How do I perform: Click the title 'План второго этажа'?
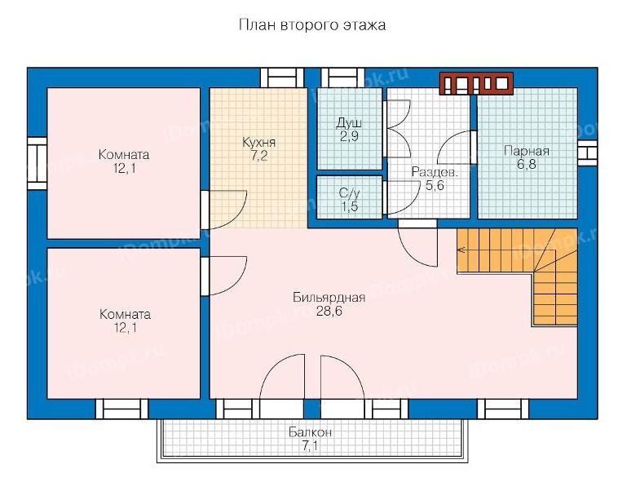pos(312,25)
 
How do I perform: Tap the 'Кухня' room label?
pos(259,143)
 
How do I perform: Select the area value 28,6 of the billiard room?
pos(329,312)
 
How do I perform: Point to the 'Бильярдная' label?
pos(329,298)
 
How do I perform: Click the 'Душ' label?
pos(349,122)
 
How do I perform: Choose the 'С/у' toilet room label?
pos(350,192)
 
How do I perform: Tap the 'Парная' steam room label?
pos(527,151)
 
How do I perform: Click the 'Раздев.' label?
pos(435,172)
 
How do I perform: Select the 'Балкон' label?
pos(310,432)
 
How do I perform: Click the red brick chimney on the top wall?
pos(476,83)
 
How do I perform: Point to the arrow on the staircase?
pos(462,250)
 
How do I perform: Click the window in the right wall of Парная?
pos(587,153)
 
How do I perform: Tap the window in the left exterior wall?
pos(38,163)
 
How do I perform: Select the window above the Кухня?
pos(282,77)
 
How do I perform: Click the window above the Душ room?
pos(342,77)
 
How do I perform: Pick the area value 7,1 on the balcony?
pos(310,446)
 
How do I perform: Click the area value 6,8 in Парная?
pos(527,165)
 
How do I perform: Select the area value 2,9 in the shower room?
pos(349,136)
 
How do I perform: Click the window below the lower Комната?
pos(121,409)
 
